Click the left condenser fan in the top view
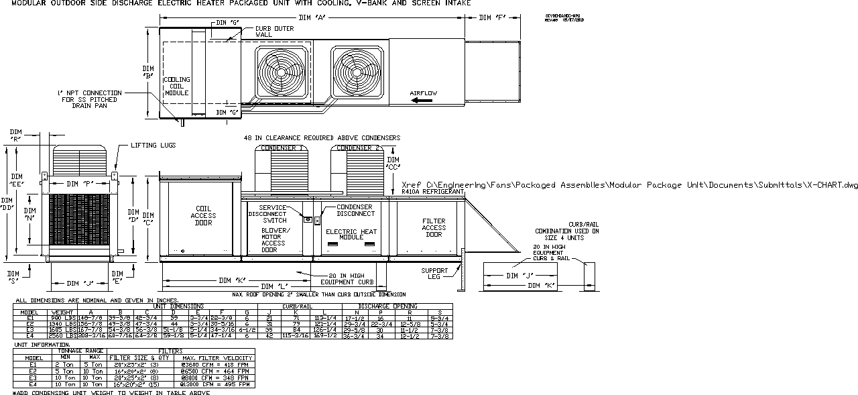tap(281, 70)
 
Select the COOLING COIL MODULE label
tap(177, 86)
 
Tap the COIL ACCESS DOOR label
tap(203, 215)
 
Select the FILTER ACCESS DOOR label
tap(434, 228)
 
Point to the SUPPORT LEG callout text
tap(434, 274)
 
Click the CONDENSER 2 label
tap(358, 148)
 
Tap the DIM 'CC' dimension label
tap(394, 163)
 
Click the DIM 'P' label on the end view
tap(80, 184)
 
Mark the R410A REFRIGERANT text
tap(433, 192)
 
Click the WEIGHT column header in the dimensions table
tap(62, 312)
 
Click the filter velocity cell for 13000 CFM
tap(214, 385)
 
